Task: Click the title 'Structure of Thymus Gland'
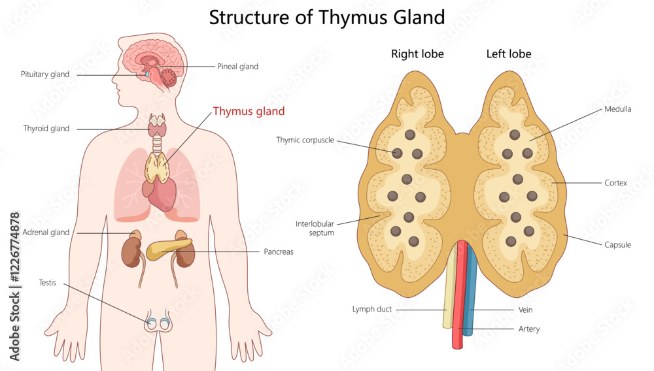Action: pos(326,17)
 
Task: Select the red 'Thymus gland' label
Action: pos(249,112)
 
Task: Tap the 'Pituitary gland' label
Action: pos(45,74)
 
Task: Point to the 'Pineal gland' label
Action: pos(237,67)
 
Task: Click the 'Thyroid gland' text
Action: pos(46,129)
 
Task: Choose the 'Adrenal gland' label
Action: pos(46,233)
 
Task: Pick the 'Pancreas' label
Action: pos(279,251)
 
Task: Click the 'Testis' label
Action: pos(48,283)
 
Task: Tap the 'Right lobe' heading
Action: pos(417,54)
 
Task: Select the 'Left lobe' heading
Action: pos(509,54)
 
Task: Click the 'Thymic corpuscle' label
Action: pos(305,140)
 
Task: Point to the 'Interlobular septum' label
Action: pos(315,228)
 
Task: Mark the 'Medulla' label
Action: pos(618,109)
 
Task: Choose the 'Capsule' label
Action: pos(617,245)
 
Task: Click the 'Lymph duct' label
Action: pos(372,309)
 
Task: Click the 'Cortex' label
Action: pos(615,183)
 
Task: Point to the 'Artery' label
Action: pos(528,329)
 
